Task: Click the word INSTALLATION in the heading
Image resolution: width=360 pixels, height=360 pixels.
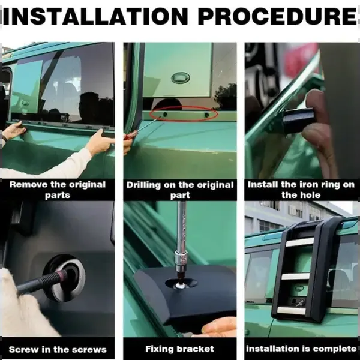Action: point(95,17)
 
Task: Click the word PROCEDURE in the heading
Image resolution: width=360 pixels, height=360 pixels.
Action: point(278,17)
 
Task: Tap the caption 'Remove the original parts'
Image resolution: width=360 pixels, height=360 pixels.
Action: point(58,190)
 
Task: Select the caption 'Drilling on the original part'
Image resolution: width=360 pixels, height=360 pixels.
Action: point(180,190)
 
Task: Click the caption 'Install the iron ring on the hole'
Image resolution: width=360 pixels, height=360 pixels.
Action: point(301,190)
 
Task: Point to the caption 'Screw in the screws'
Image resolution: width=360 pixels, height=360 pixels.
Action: point(58,349)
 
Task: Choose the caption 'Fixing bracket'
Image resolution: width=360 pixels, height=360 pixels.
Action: point(179,349)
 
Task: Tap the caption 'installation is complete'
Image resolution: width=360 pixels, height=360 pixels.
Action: point(301,349)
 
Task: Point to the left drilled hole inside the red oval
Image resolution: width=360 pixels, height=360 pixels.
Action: point(166,114)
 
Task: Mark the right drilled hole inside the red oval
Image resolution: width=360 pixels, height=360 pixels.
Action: point(206,115)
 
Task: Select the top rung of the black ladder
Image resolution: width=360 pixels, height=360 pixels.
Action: point(300,242)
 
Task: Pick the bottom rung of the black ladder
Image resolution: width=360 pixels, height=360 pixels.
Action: point(292,310)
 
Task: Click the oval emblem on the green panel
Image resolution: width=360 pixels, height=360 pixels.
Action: point(181,77)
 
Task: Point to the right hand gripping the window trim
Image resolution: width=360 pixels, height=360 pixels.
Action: point(99,142)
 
